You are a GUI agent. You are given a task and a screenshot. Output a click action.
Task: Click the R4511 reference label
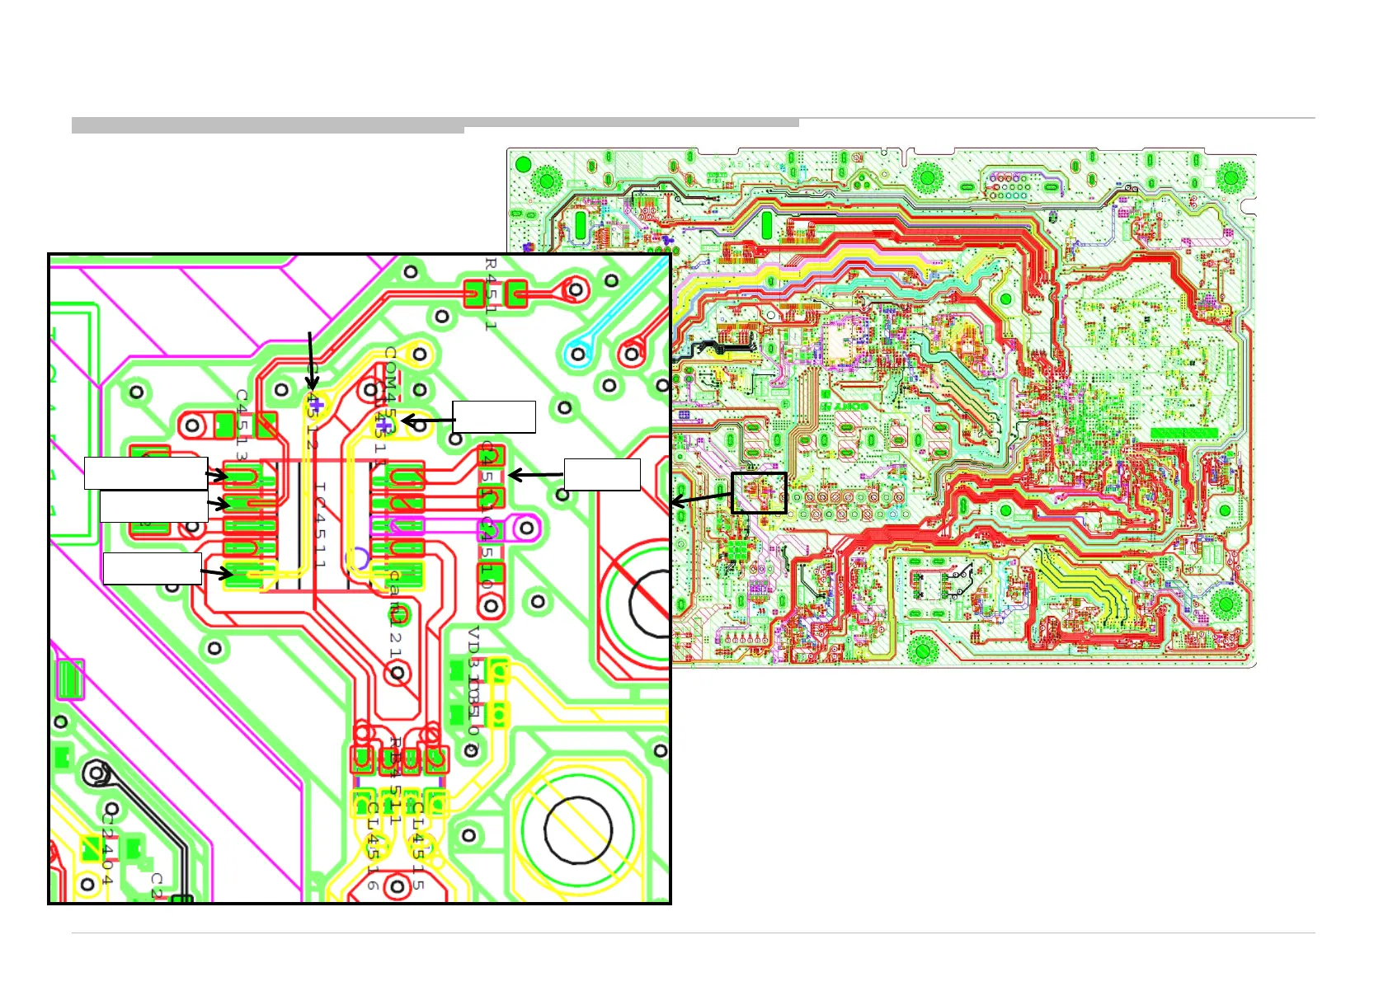(491, 294)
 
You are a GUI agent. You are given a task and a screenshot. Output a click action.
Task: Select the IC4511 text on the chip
(320, 526)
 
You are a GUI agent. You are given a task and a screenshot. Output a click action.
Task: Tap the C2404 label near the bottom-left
(107, 846)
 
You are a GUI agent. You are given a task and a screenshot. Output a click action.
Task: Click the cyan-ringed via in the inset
(578, 355)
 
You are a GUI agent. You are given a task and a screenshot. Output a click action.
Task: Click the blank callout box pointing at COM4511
(494, 417)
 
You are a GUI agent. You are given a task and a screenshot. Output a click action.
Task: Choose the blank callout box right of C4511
(602, 475)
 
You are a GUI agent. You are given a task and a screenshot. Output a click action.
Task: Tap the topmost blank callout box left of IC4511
(146, 473)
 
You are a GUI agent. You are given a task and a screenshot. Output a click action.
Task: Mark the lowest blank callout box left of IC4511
(153, 569)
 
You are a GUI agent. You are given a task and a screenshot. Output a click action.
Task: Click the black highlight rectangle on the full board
(759, 493)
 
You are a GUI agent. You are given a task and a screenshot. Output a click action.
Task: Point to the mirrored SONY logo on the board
(845, 407)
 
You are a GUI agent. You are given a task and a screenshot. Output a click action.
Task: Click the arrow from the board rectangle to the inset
(701, 499)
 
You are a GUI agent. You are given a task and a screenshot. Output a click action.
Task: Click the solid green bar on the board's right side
(1183, 433)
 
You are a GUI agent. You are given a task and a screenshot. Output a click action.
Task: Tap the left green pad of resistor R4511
(474, 294)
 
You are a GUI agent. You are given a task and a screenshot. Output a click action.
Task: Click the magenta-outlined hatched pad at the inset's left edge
(70, 679)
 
